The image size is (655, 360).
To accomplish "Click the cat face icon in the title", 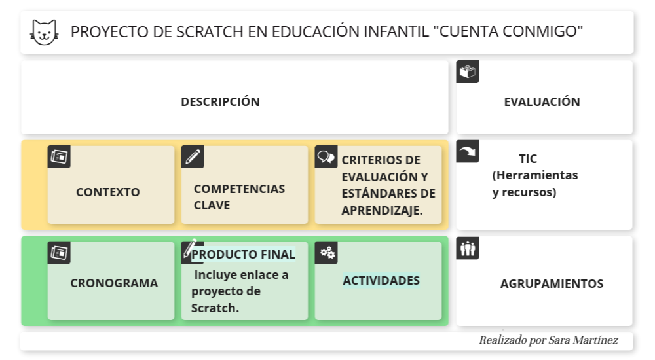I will coord(44,32).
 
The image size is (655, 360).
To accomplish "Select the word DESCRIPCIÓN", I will coord(220,102).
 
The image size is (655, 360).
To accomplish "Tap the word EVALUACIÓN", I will coord(542,102).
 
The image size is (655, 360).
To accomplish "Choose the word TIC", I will coord(528,159).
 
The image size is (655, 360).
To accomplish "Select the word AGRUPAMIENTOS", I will coord(552,284).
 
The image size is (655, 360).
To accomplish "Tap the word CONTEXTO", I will coord(108,192).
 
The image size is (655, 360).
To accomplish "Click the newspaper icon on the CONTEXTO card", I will coord(59,157).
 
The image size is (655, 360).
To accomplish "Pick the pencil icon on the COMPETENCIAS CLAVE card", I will coord(193,157).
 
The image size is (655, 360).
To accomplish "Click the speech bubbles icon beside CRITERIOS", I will coord(326,157).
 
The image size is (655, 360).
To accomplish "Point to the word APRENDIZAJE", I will coord(382,210).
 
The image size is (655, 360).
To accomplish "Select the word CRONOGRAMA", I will coord(114,283).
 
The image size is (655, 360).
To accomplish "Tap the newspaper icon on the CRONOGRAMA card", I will coord(59,253).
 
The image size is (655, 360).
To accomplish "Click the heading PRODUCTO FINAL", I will coord(243,254).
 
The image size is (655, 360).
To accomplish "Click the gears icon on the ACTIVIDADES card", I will coord(326,253).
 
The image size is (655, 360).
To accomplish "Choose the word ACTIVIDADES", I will coord(381,281).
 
